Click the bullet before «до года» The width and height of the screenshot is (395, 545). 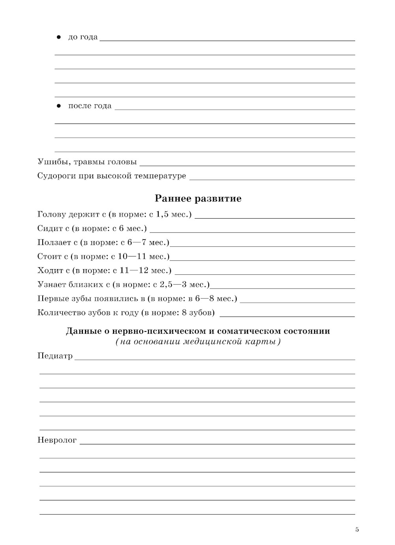tap(58, 37)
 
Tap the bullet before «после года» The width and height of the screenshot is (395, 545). tap(58, 106)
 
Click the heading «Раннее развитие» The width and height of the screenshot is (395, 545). tap(198, 198)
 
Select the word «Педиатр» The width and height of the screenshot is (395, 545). tap(55, 356)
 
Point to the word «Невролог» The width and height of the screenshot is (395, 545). tap(57, 440)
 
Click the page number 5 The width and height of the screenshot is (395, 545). tap(357, 530)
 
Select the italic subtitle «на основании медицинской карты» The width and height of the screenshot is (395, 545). tap(198, 342)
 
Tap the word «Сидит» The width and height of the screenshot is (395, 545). tap(48, 228)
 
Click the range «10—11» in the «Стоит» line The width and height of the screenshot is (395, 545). tap(127, 257)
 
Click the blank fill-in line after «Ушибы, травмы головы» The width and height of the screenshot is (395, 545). tap(247, 165)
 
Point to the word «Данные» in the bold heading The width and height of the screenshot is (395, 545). tap(83, 331)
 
